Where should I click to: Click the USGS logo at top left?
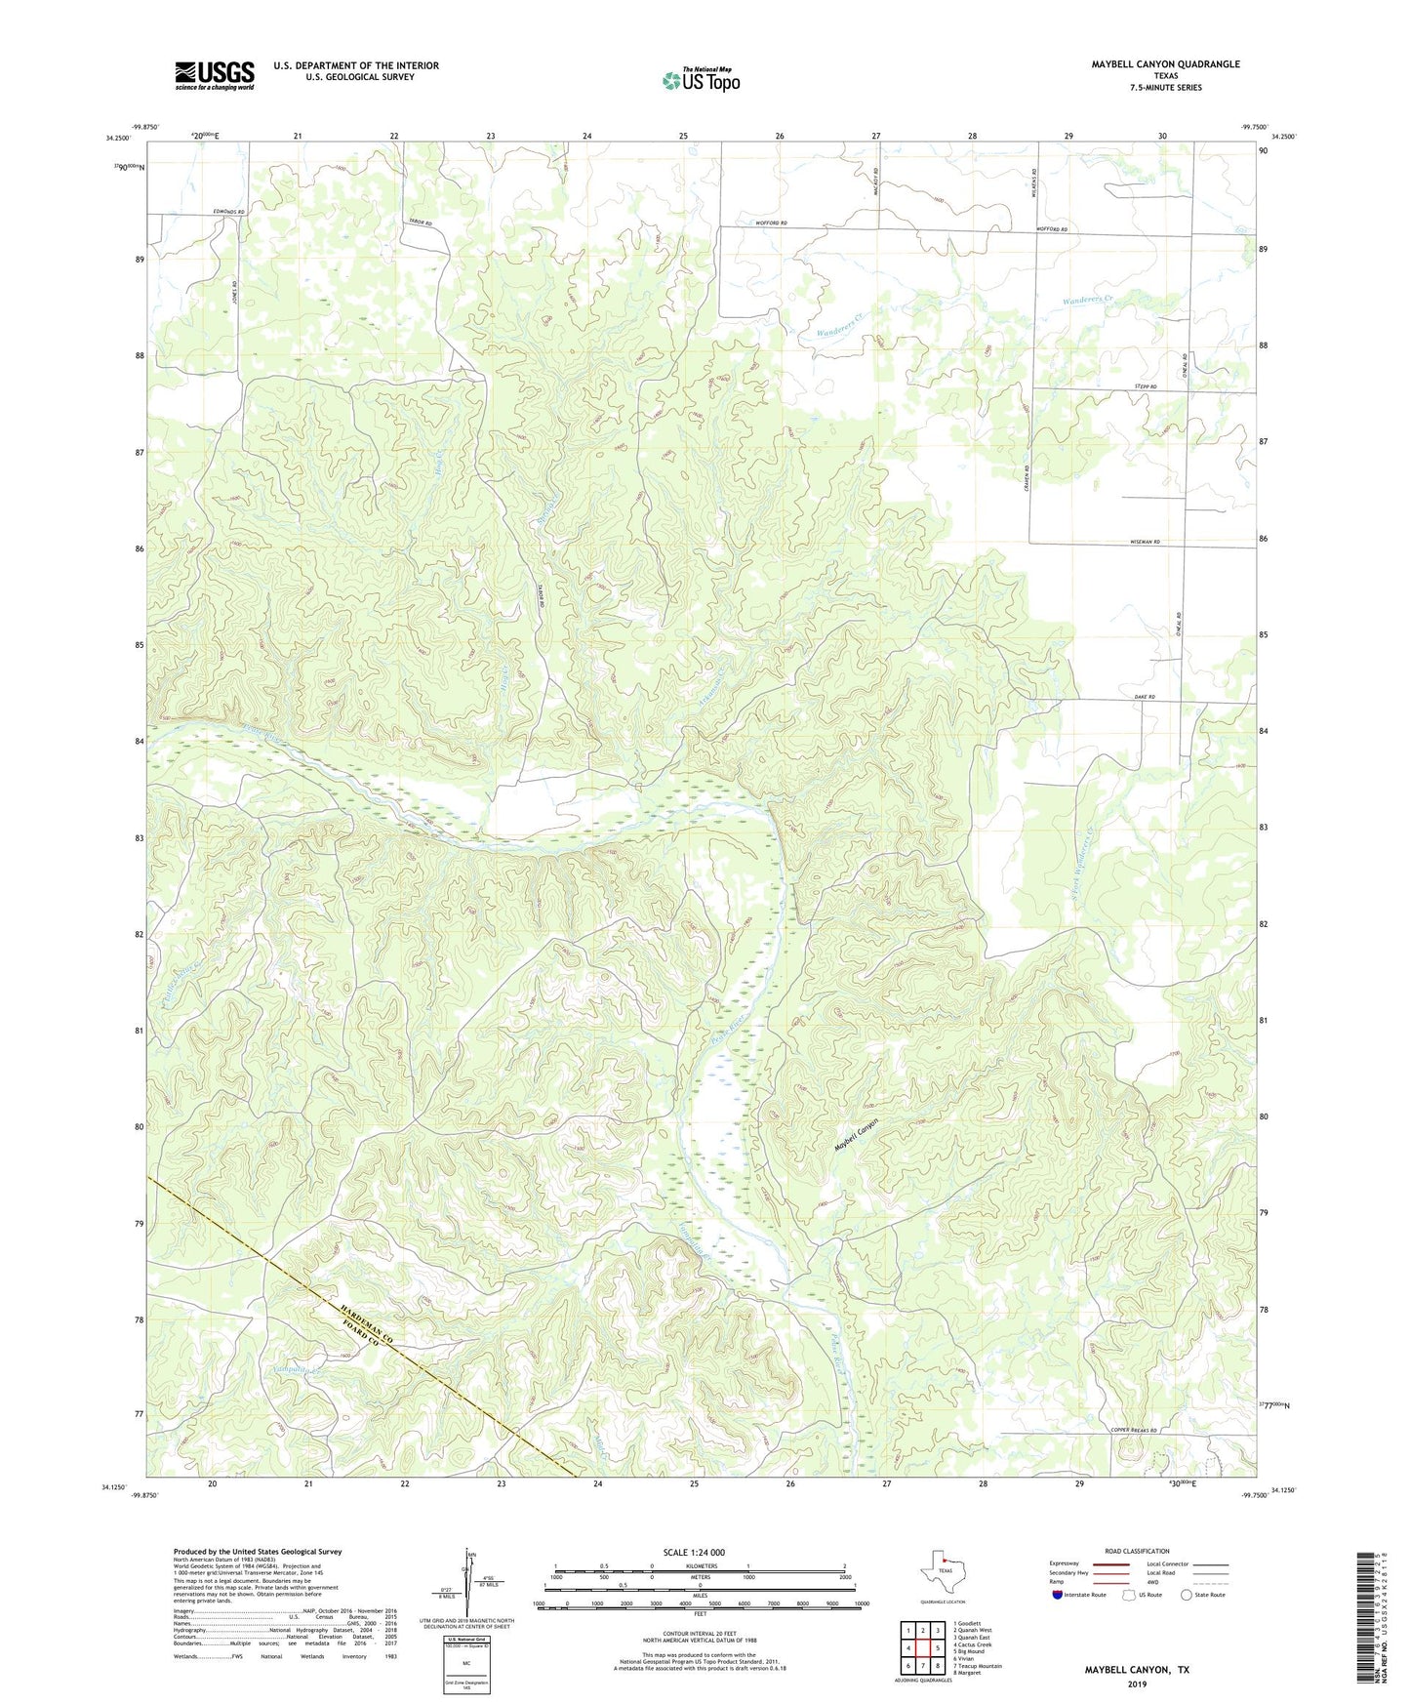pos(214,75)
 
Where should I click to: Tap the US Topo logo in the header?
pos(701,79)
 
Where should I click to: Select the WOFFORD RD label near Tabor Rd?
pos(771,223)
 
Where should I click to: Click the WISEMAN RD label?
pos(1144,542)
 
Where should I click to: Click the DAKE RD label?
pos(1145,698)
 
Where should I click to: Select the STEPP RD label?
pos(1146,388)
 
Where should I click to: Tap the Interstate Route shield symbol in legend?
pos(1059,1595)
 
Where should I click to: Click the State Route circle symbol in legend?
pos(1187,1595)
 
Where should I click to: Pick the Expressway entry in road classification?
pos(1064,1563)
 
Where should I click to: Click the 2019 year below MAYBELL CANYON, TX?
pos(1137,1684)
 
